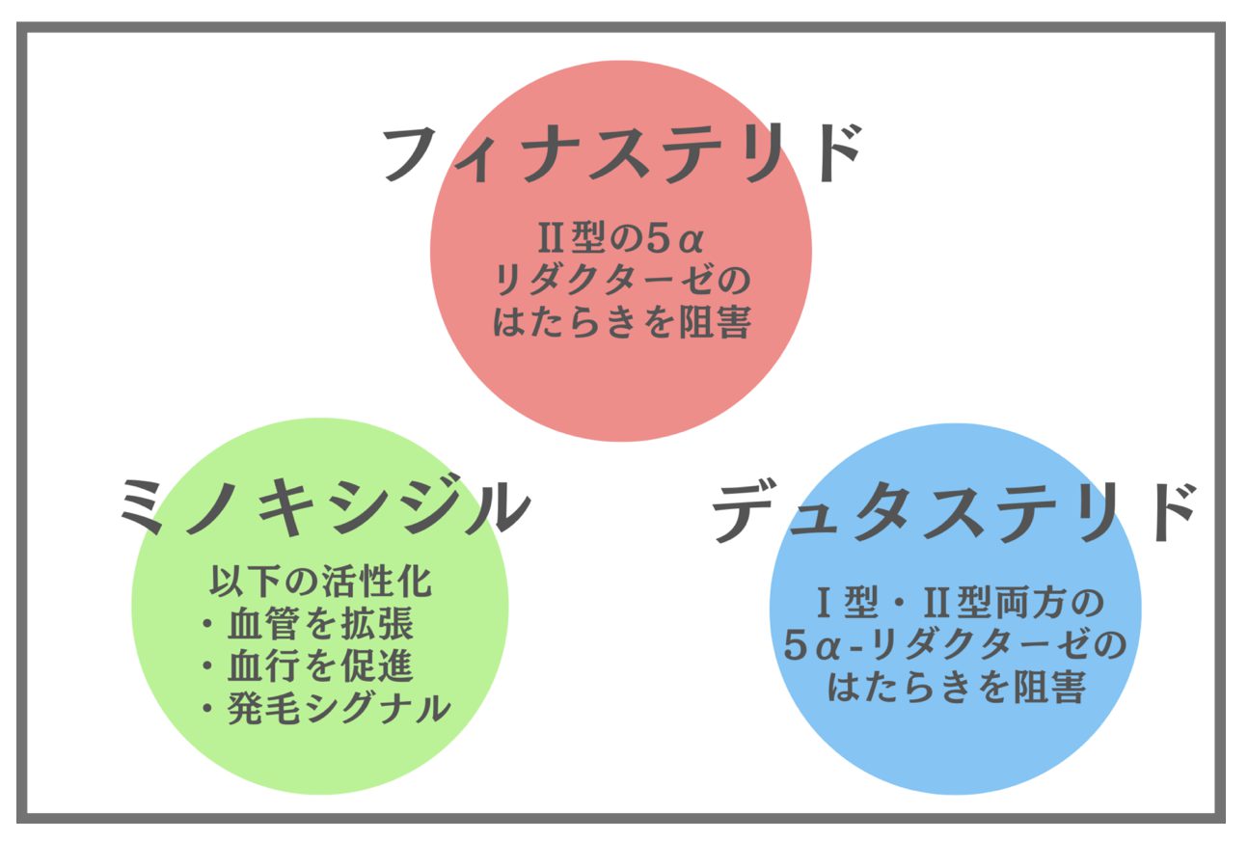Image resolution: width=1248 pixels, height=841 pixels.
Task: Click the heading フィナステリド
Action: (622, 153)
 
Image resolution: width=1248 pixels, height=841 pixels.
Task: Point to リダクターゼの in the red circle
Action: (621, 281)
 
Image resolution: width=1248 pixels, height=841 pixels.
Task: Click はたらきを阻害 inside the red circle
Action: (621, 323)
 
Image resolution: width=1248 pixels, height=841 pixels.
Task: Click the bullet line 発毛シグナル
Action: (326, 709)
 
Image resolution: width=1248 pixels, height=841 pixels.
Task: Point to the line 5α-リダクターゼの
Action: (955, 646)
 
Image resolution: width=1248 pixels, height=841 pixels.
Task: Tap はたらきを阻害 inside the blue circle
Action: (957, 688)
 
